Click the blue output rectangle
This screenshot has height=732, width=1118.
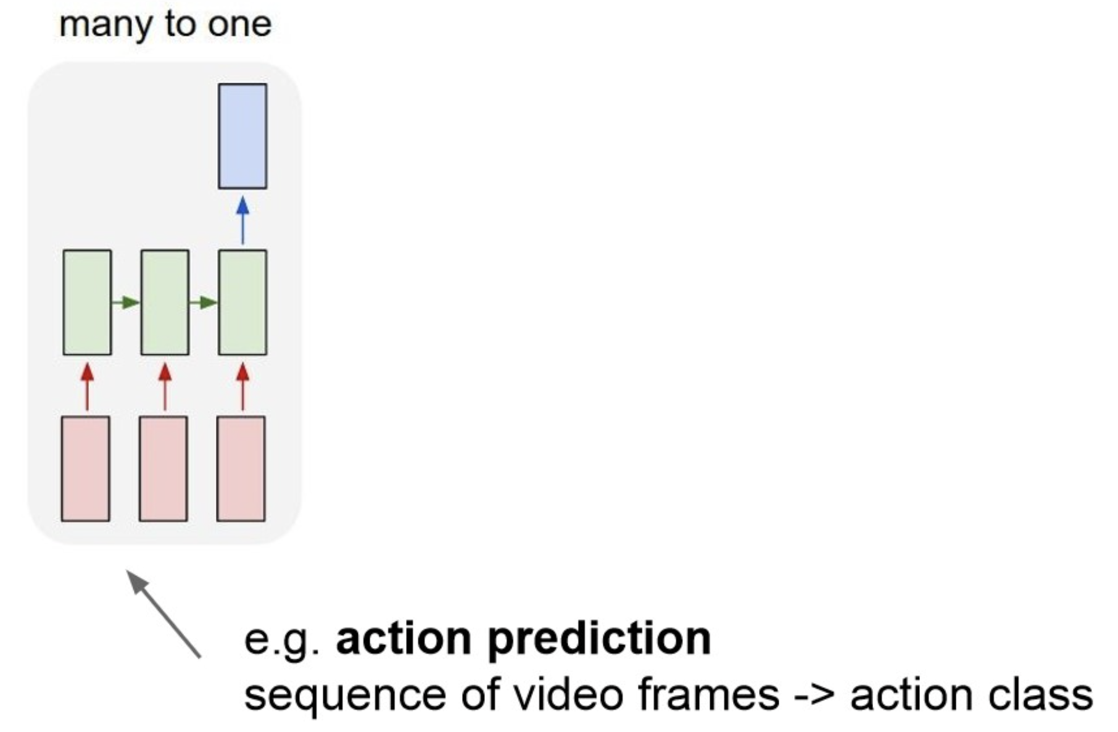point(242,136)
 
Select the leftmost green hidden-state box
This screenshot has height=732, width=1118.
point(87,302)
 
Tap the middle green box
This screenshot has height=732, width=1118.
point(165,302)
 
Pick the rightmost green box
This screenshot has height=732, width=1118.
point(242,302)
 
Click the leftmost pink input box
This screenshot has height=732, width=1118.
point(86,468)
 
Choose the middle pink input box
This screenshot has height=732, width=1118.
point(164,468)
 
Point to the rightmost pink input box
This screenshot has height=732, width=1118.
point(241,468)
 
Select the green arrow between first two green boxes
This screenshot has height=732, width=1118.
point(126,302)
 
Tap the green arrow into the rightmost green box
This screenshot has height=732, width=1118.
point(204,302)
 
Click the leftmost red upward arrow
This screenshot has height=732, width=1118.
point(87,386)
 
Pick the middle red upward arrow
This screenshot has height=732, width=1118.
point(165,386)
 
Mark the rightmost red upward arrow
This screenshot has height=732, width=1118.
point(242,386)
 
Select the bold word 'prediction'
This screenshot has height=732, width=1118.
point(599,638)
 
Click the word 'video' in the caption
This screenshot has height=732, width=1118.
point(568,695)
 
